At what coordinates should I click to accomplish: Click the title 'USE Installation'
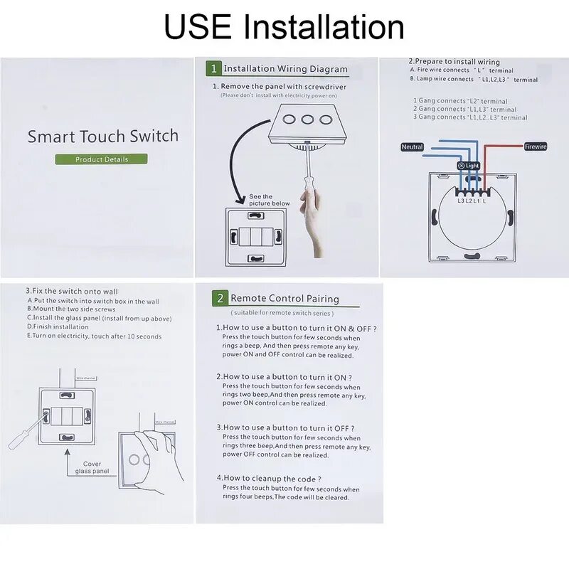point(284,26)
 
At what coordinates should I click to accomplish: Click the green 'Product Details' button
point(102,159)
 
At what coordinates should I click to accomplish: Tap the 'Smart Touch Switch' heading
point(103,136)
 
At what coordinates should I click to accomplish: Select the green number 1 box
point(213,68)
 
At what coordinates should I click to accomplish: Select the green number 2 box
point(220,299)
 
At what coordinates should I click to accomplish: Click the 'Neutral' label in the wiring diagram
point(412,147)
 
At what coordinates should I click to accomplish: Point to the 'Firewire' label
point(535,147)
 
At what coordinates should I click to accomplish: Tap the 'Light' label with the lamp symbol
point(469,166)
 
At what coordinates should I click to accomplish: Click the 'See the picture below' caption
point(269,200)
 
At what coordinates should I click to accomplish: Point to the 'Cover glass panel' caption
point(92,467)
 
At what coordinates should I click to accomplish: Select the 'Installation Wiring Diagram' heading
point(285,69)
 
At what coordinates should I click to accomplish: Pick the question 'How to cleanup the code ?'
point(268,479)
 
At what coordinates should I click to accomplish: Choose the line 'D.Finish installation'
point(58,327)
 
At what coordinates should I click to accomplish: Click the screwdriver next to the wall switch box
point(21,435)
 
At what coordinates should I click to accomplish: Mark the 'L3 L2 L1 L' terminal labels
point(472,201)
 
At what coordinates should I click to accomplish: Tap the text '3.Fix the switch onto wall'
point(72,291)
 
